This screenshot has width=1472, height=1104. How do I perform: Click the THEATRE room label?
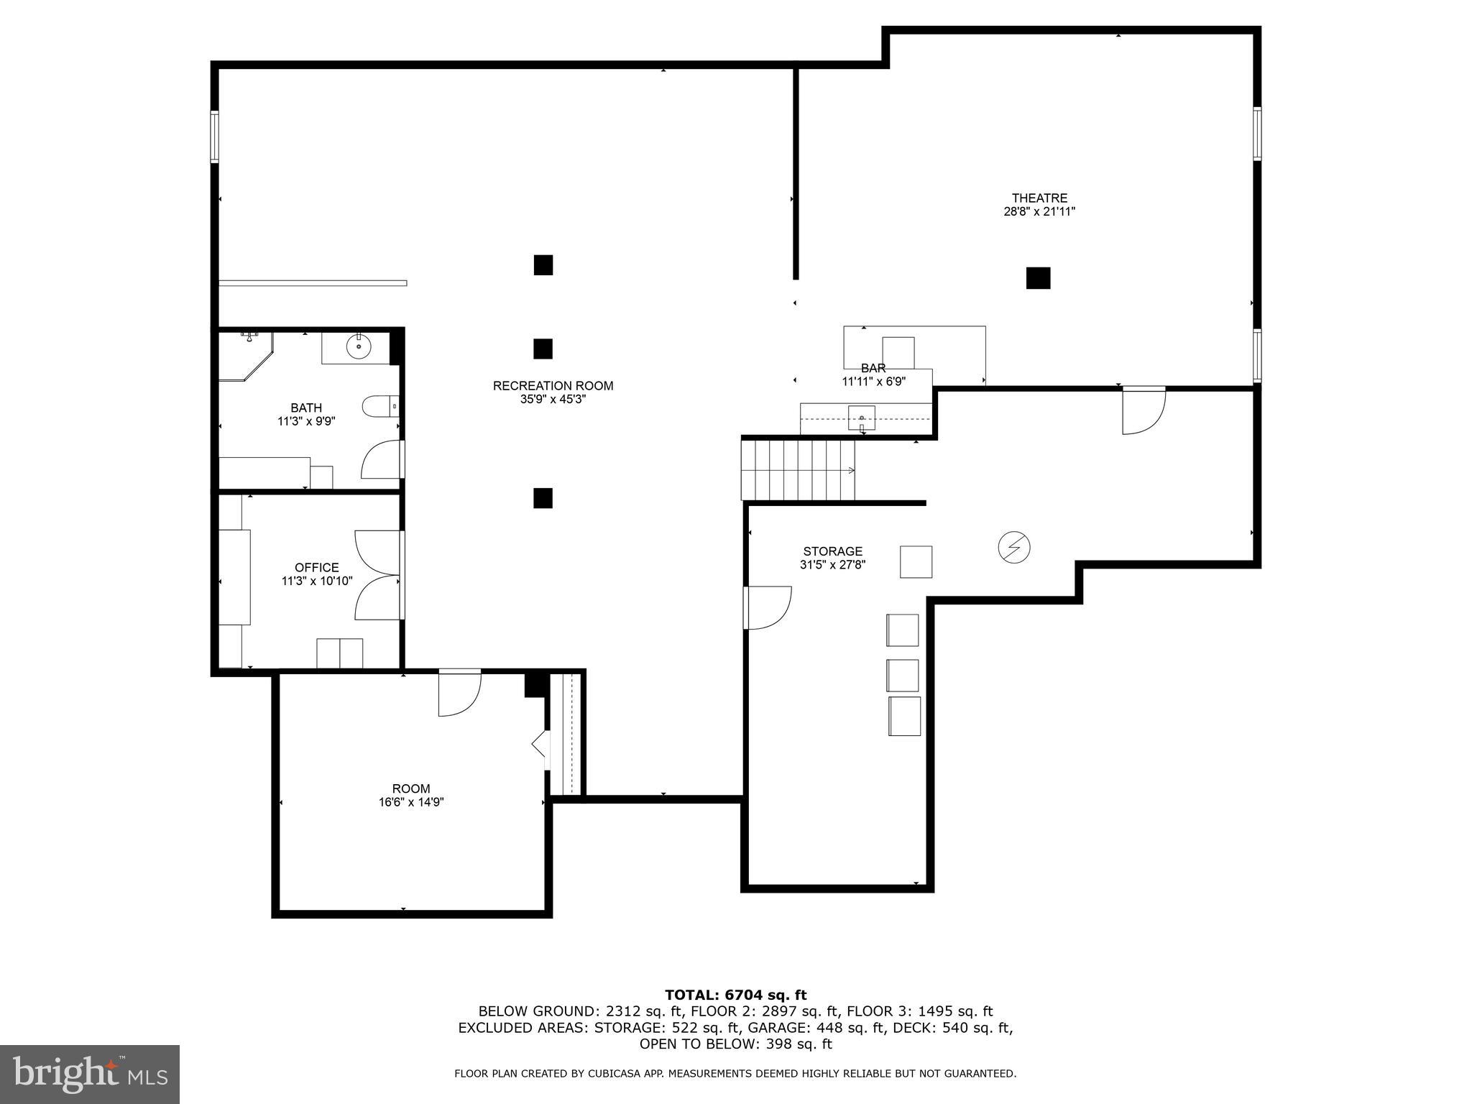1039,198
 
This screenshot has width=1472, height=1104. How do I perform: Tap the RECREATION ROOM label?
553,386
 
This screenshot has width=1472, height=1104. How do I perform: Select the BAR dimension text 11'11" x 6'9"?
873,382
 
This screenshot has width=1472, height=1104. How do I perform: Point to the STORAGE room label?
832,551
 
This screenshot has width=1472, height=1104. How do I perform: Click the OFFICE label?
316,567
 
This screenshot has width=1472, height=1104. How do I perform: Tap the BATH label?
306,408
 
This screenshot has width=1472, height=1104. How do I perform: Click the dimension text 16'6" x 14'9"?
411,802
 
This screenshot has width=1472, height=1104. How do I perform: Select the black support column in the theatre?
1038,278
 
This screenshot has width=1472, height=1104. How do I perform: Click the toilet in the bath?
378,407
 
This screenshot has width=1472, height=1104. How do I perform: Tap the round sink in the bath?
358,348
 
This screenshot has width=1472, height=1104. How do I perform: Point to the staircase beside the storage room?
798,470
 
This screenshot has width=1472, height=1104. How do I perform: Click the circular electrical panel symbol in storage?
1013,548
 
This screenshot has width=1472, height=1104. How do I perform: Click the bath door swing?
381,460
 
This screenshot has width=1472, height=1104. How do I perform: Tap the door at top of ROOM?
459,693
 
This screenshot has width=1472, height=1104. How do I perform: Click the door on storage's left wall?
768,607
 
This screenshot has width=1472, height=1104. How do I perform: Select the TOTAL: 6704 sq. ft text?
735,995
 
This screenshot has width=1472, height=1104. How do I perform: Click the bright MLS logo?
90,1075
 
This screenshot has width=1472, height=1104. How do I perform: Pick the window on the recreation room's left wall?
214,137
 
